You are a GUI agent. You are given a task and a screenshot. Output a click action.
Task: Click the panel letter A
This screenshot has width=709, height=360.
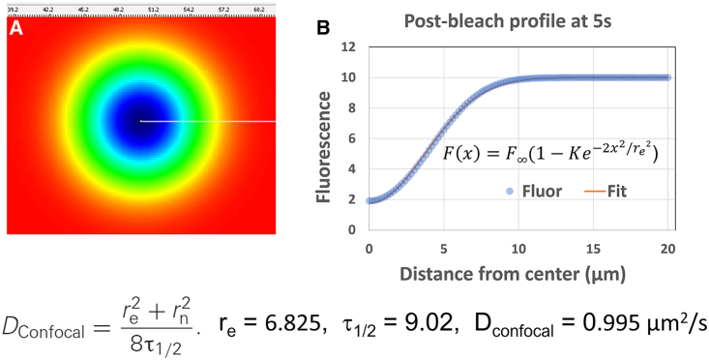coord(16,28)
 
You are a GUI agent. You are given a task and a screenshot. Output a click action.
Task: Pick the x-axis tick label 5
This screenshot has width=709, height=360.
coord(443,249)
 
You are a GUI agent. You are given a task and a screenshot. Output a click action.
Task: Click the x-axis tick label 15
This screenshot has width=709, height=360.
coord(593,249)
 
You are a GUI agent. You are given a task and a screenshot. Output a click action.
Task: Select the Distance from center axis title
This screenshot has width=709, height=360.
coord(518,274)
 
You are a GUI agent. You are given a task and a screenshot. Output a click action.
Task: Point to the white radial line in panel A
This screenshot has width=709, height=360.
coord(208,122)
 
